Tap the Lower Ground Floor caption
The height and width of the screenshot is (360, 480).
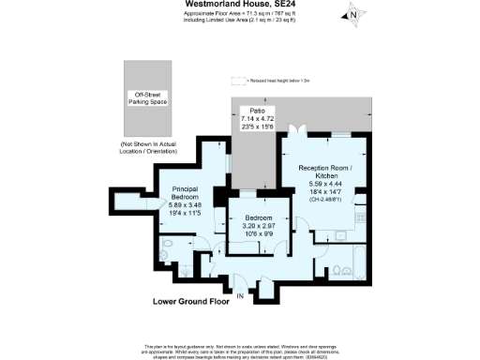(x=190, y=302)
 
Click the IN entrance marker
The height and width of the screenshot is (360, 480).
(x=240, y=297)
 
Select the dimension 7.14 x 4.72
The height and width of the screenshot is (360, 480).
(x=254, y=120)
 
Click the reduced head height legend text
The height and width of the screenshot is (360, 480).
(x=283, y=82)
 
